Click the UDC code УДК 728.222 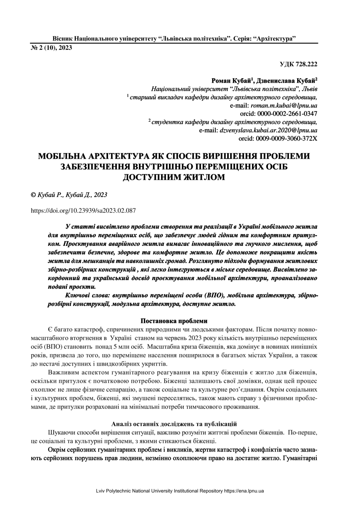pos(298,64)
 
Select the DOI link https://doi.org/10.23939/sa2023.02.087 pos(83,211)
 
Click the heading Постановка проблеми pos(174,321)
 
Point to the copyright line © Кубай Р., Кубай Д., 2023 pos(69,195)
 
